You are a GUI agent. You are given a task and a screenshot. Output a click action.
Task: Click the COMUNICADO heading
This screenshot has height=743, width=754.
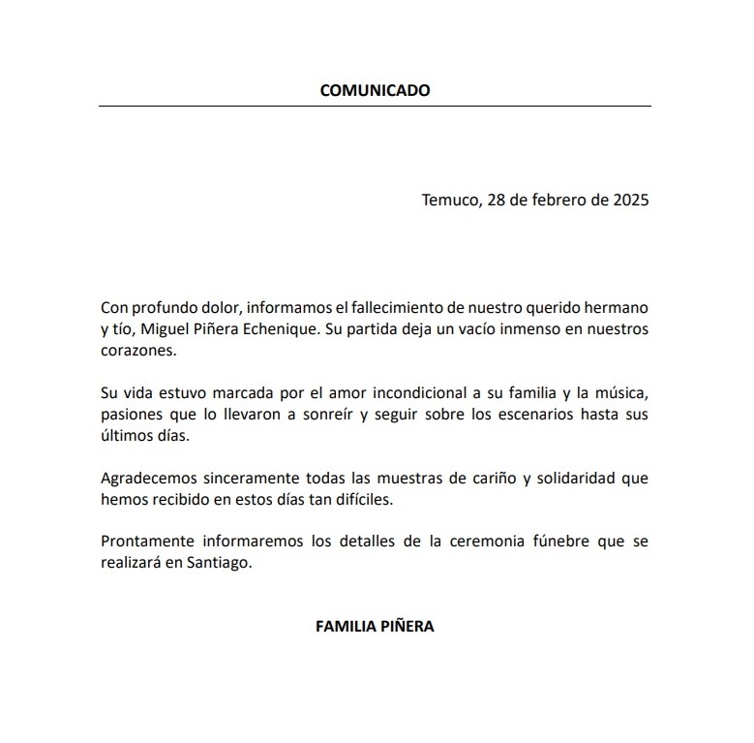[375, 91]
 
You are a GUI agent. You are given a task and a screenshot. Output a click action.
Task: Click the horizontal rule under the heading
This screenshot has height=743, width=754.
[375, 107]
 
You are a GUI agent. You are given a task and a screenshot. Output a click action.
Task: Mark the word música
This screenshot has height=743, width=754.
[618, 392]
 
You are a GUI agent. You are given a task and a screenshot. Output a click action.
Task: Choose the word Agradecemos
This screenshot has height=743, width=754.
[145, 478]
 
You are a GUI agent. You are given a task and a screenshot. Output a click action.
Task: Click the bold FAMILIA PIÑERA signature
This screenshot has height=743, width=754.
[375, 626]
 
